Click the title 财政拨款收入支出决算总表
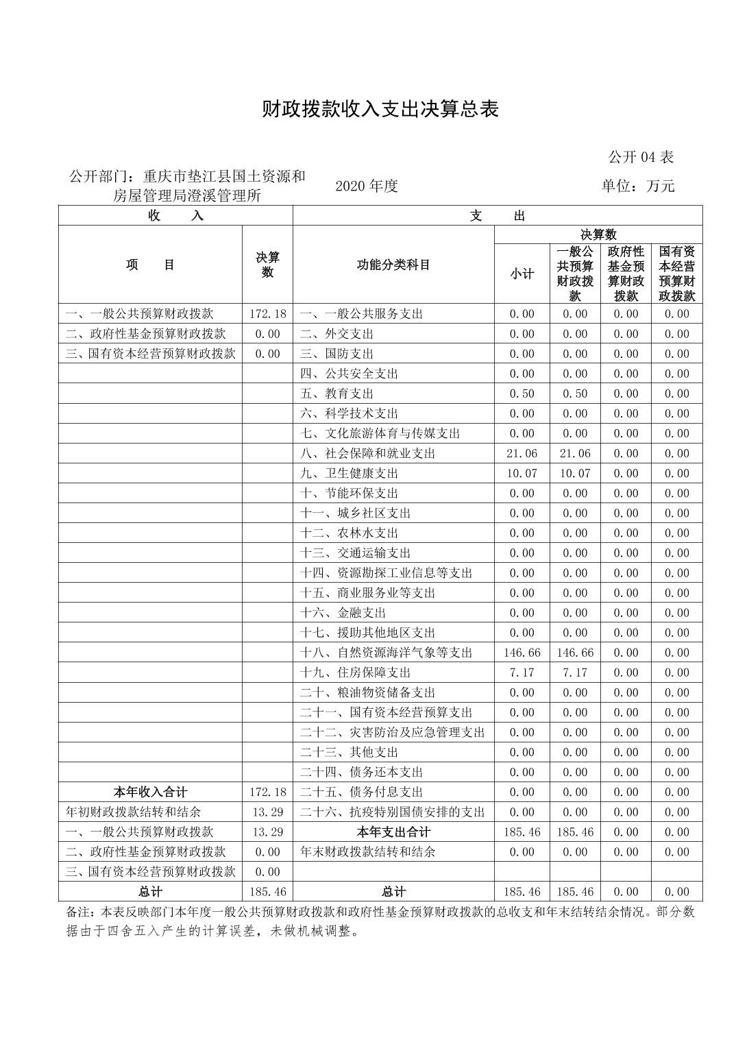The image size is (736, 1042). [x=380, y=109]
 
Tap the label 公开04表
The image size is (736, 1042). [x=641, y=157]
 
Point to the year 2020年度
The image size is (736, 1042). [x=367, y=186]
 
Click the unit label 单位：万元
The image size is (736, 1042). [x=638, y=186]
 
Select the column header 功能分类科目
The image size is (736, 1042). [x=393, y=265]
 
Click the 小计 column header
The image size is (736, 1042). [x=522, y=274]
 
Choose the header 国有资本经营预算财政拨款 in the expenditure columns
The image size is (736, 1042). [x=676, y=274]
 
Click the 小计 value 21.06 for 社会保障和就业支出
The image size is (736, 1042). [x=522, y=453]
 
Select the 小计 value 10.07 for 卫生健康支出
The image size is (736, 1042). [x=522, y=473]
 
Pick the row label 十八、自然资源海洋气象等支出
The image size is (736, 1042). [x=386, y=653]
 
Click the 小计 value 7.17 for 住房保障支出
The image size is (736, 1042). [x=522, y=673]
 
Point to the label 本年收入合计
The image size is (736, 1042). [x=150, y=792]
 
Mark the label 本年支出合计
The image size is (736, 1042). [x=393, y=832]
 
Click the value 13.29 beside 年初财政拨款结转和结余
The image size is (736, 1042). [x=267, y=812]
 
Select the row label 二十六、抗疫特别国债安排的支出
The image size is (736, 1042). [x=392, y=812]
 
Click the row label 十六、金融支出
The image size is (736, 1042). [x=343, y=613]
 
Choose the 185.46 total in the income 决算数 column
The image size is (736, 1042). [x=267, y=892]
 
